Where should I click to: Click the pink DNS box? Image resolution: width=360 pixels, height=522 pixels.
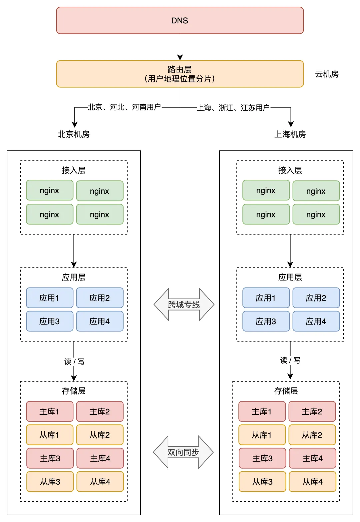point(180,20)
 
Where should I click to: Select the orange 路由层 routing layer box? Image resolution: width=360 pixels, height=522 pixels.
point(180,74)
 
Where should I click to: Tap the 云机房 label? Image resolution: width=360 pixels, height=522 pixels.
point(327,74)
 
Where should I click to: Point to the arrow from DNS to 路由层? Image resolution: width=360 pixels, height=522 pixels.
point(180,47)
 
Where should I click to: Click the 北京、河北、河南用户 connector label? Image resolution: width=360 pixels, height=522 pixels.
point(124,107)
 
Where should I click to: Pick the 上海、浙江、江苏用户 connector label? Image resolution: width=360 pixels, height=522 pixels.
point(233,107)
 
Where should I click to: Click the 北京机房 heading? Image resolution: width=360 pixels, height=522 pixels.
point(74,134)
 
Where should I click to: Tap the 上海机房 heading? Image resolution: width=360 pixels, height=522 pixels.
point(290,134)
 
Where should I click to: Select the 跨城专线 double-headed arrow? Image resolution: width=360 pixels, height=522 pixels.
point(184,304)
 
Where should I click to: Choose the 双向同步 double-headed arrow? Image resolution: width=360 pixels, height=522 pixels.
point(183,452)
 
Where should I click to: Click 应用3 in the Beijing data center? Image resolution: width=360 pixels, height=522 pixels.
point(50,321)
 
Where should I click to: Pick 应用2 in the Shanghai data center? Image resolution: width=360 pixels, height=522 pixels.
point(316,298)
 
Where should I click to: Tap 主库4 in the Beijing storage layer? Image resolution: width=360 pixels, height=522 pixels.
point(100,458)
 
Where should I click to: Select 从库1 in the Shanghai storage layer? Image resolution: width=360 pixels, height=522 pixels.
point(262,435)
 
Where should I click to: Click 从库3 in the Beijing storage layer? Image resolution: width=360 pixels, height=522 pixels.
point(50,482)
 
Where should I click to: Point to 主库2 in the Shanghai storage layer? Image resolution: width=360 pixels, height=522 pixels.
point(312,411)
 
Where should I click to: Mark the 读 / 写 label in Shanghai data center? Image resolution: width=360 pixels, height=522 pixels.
point(290,360)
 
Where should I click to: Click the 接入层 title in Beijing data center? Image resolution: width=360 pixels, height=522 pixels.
point(74,170)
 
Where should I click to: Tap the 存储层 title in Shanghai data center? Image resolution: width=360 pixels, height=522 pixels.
point(286,391)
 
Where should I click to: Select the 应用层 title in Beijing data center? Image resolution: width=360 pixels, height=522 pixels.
point(74,277)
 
